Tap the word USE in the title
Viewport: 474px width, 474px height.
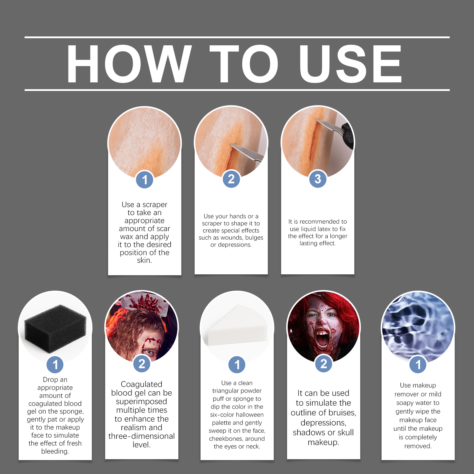click(350, 64)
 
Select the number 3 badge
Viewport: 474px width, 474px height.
click(318, 179)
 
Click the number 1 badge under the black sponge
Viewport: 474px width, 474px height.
click(55, 365)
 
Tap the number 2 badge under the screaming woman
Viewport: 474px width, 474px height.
click(324, 364)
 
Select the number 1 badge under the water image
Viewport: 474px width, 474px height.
click(418, 365)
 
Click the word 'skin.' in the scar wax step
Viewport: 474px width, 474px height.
click(144, 260)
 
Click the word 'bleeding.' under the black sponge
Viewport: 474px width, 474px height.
click(55, 451)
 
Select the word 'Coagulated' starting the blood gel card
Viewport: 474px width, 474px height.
click(142, 385)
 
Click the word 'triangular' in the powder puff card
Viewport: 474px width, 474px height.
click(237, 391)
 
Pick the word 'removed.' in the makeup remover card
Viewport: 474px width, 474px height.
click(418, 446)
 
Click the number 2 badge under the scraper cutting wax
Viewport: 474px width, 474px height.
click(231, 179)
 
